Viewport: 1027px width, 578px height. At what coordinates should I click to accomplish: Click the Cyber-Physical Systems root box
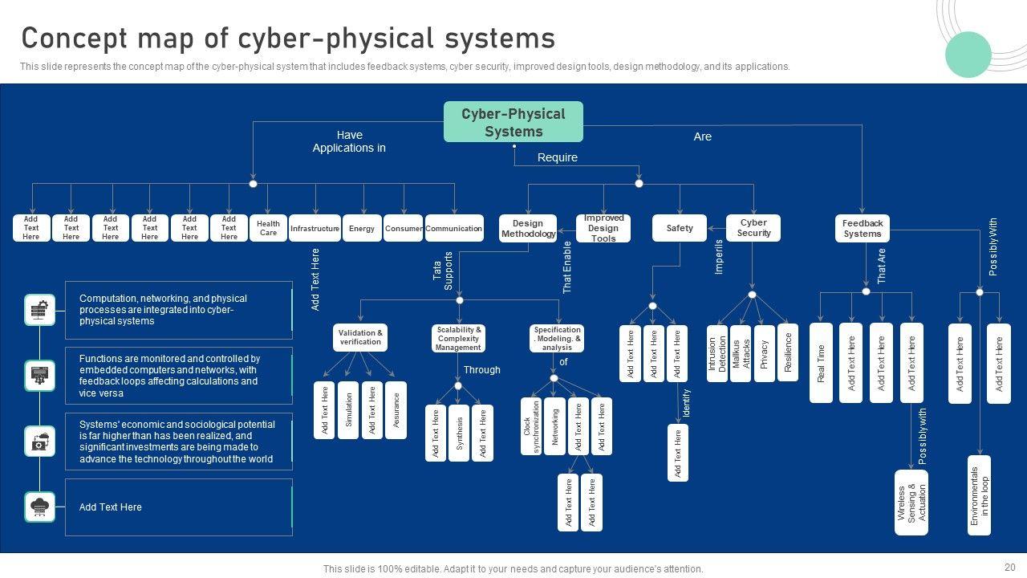tap(513, 122)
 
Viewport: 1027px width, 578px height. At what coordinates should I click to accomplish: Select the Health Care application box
tap(268, 229)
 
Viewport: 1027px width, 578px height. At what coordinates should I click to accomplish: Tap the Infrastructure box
tap(315, 229)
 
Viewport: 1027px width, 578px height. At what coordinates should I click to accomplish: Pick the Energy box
tap(362, 229)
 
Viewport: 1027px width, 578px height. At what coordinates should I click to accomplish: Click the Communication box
tap(454, 229)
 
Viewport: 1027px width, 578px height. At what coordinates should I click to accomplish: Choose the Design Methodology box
tap(528, 229)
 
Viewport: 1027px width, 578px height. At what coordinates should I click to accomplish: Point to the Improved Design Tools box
tap(603, 228)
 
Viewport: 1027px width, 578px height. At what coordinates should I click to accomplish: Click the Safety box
tap(680, 229)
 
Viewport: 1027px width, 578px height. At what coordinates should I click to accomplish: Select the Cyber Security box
tap(753, 228)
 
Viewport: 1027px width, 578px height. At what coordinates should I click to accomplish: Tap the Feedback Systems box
tap(863, 229)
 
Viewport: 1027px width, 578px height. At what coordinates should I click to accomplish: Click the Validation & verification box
tap(360, 337)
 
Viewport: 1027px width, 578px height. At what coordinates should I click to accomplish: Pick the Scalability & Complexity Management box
tap(458, 338)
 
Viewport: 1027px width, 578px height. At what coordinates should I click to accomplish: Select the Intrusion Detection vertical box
tap(717, 353)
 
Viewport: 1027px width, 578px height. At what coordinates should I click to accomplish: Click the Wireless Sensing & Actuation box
tap(911, 503)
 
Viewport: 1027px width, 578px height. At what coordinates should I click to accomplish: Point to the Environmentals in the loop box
tap(980, 495)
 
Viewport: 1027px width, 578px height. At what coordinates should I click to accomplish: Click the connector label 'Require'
tap(558, 157)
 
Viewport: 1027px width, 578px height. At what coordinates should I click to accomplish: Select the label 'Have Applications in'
tap(349, 141)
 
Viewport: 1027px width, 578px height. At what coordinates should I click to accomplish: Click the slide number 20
tap(1009, 567)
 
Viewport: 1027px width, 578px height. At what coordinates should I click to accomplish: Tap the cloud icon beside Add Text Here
tap(40, 507)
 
